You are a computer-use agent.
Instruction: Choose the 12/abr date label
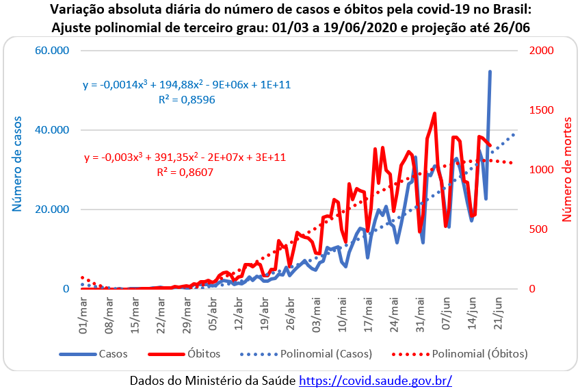[238, 312]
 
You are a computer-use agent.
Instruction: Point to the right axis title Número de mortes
[566, 168]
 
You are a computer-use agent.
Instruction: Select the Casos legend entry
[113, 354]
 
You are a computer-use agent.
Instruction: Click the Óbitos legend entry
[203, 354]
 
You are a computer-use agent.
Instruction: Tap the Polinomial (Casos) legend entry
[326, 354]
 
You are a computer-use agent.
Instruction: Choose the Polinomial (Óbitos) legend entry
[479, 354]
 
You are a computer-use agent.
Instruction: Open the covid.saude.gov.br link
[375, 379]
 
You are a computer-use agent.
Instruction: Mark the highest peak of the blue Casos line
[490, 71]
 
